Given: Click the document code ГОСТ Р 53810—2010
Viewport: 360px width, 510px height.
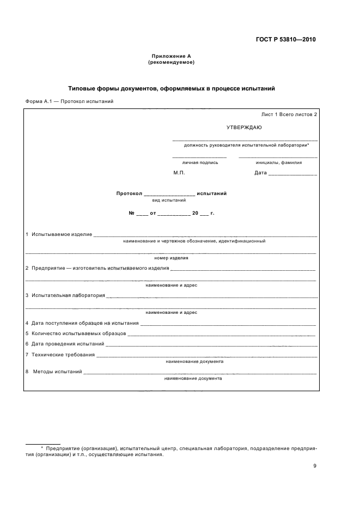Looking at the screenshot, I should tap(286, 40).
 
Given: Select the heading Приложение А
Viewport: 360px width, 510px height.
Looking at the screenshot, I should tap(171, 56).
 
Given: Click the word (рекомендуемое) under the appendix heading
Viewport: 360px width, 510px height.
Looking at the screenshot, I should tap(171, 62).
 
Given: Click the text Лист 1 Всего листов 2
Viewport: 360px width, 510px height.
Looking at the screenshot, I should tap(289, 114).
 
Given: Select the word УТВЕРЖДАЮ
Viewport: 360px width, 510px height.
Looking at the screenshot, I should tap(244, 127).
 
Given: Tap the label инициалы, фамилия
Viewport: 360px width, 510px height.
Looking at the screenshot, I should tap(278, 162).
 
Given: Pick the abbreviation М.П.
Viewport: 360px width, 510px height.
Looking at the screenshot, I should tap(179, 173).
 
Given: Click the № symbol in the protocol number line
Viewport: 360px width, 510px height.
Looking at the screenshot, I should tap(131, 213).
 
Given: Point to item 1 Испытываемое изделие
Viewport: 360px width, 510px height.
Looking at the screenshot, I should tap(59, 234).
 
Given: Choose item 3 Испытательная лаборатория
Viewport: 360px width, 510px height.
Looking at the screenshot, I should tap(65, 295).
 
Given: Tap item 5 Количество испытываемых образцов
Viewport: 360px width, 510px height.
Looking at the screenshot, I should tap(76, 333).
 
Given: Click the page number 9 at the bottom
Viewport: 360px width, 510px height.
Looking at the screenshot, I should tap(314, 465).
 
